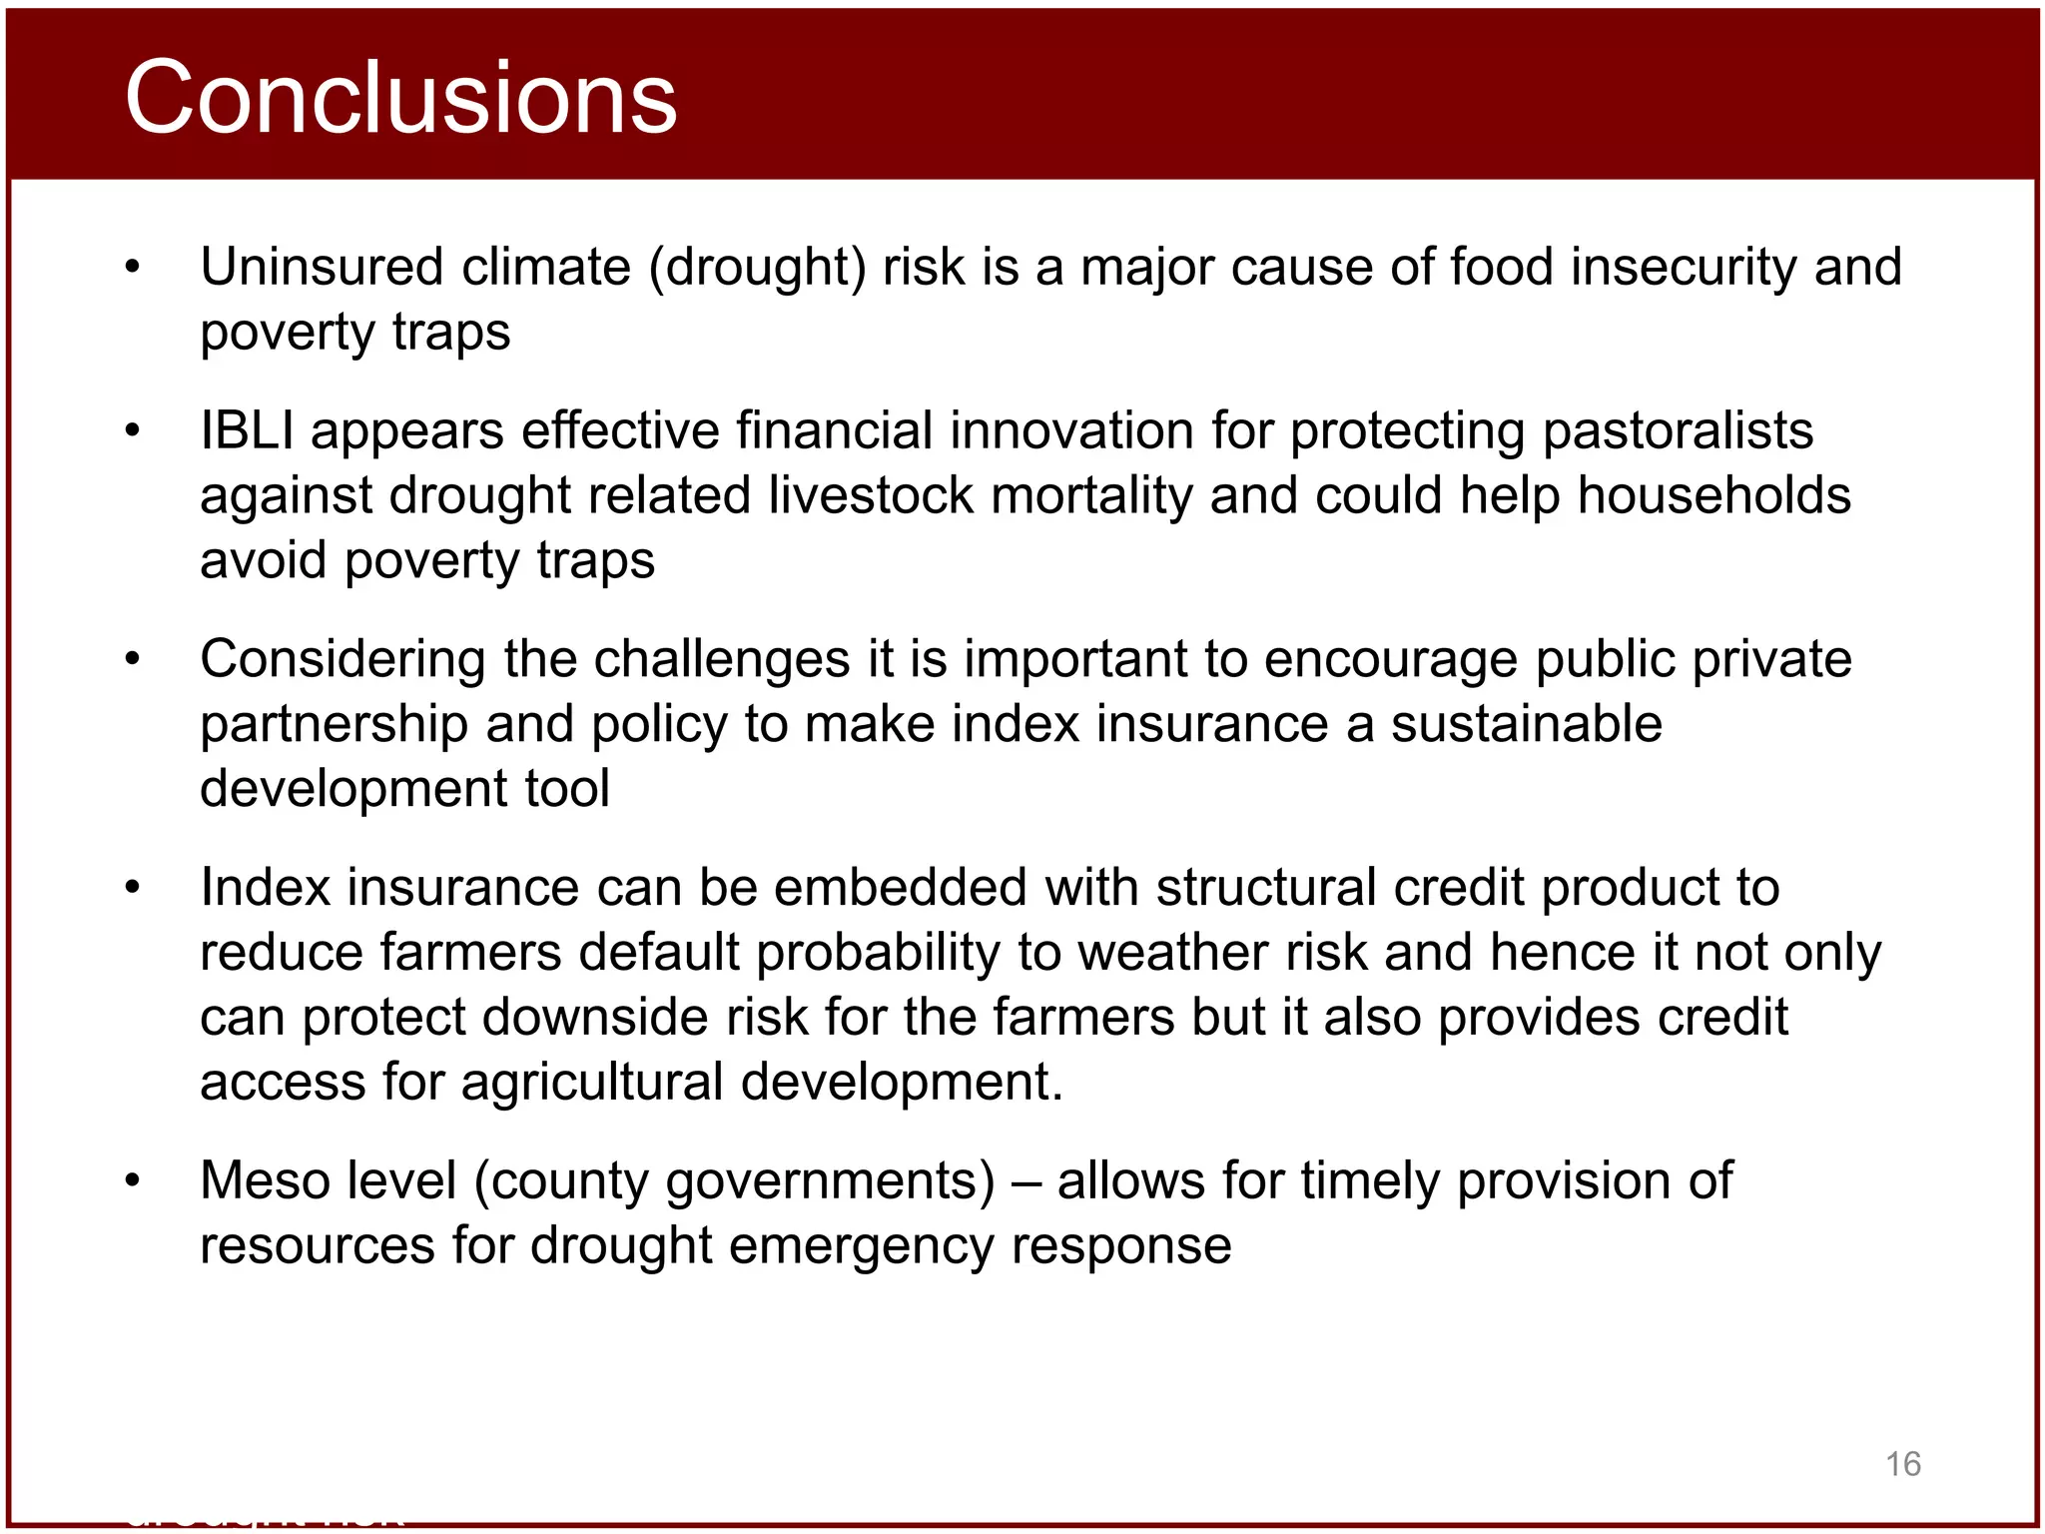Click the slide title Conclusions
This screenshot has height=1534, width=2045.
tap(400, 97)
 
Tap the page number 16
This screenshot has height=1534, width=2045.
tap(1902, 1464)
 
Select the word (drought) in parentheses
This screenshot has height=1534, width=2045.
tap(758, 268)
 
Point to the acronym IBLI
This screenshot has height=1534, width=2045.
tap(247, 431)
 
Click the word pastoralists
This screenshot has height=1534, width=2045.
tap(1677, 431)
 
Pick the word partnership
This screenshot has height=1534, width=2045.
tap(334, 724)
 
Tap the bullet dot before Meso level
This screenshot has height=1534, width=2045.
tap(133, 1180)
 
